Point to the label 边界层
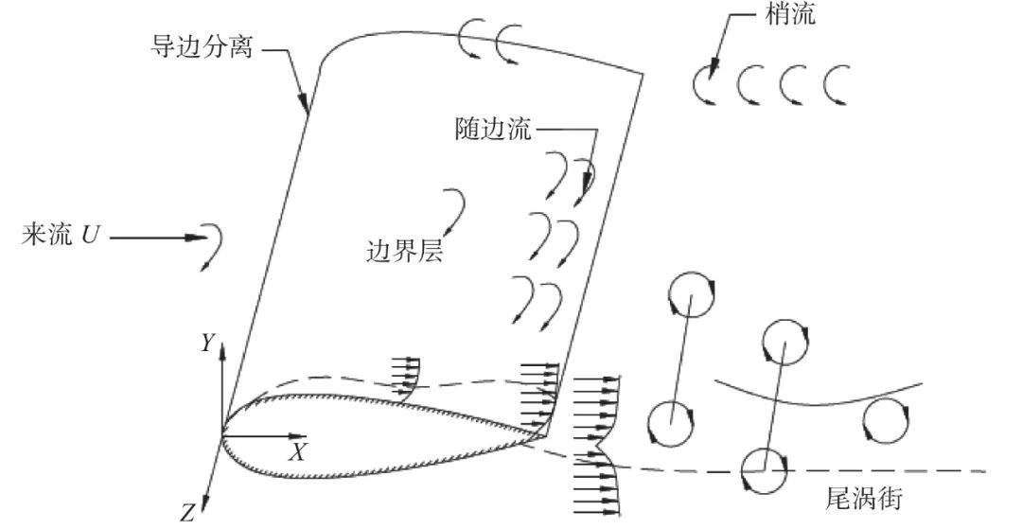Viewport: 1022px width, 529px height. point(405,252)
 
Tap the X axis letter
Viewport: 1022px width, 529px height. point(298,452)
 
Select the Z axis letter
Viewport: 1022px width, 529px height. point(187,514)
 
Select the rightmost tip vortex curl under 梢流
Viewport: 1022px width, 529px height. point(836,86)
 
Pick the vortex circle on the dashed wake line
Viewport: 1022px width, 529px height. point(764,469)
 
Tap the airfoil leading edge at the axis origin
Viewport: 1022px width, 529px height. point(223,436)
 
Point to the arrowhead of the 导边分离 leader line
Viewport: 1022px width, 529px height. point(306,108)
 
